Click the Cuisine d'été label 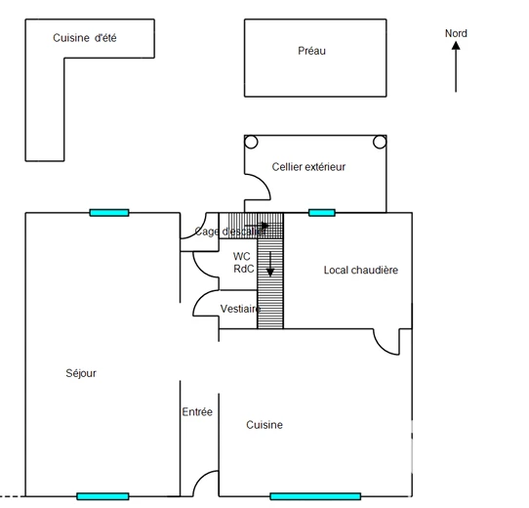pyautogui.click(x=85, y=38)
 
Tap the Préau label pyautogui.click(x=311, y=51)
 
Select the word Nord pyautogui.click(x=456, y=33)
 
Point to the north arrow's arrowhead pyautogui.click(x=456, y=45)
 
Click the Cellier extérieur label pyautogui.click(x=308, y=167)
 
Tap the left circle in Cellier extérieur pyautogui.click(x=251, y=143)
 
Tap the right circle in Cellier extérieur pyautogui.click(x=380, y=143)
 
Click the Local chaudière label pyautogui.click(x=361, y=271)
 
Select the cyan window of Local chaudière pyautogui.click(x=322, y=213)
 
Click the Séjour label pyautogui.click(x=81, y=373)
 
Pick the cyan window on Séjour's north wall pyautogui.click(x=109, y=213)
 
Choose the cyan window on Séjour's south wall pyautogui.click(x=102, y=496)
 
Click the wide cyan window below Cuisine pyautogui.click(x=315, y=496)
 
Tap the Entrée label pyautogui.click(x=197, y=412)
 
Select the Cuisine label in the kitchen pyautogui.click(x=264, y=425)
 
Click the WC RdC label pyautogui.click(x=244, y=263)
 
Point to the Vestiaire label pyautogui.click(x=240, y=309)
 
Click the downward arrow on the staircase pyautogui.click(x=270, y=264)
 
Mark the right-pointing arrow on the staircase pyautogui.click(x=257, y=226)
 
